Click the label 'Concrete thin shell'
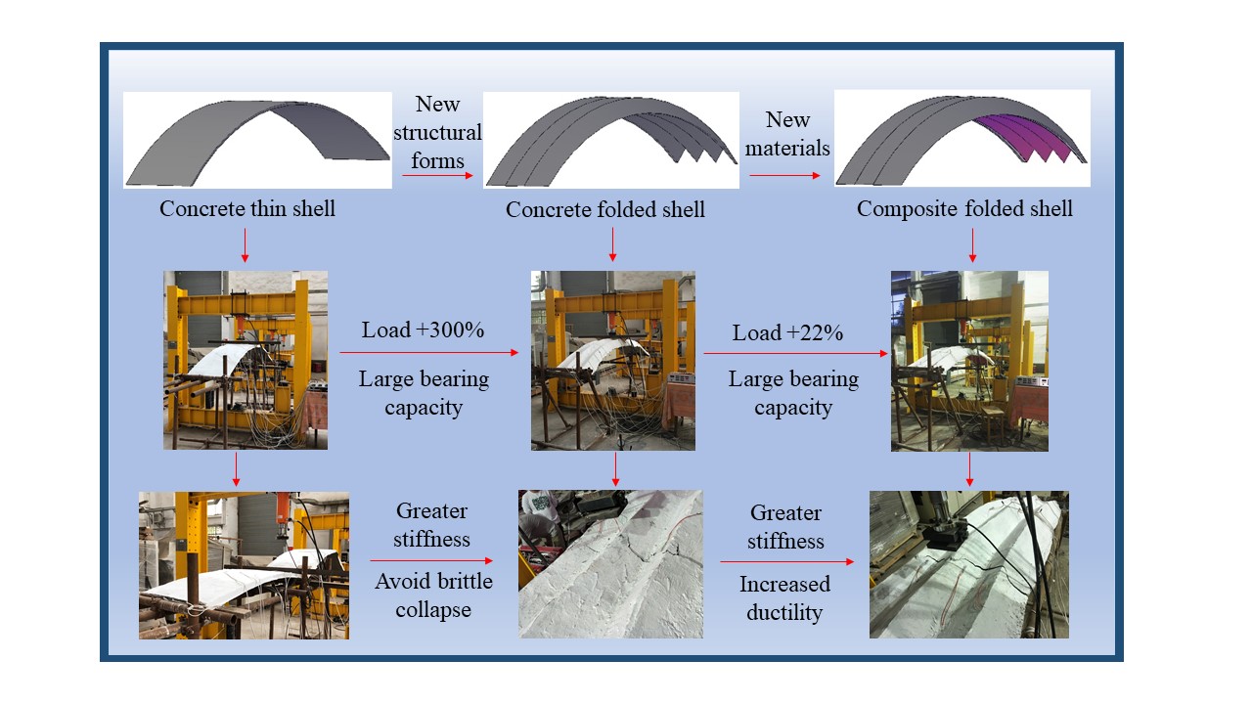tap(246, 208)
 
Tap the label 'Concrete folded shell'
tap(604, 210)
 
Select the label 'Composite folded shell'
tap(964, 209)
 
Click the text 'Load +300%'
tap(423, 330)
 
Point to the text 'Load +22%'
tap(787, 332)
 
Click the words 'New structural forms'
tap(437, 132)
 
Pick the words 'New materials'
tap(787, 134)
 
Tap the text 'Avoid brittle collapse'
tap(433, 595)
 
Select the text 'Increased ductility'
tap(784, 598)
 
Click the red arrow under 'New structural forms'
tap(437, 176)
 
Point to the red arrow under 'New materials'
tap(785, 176)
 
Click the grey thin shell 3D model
tap(258, 140)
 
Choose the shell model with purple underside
tap(961, 139)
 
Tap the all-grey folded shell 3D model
tap(610, 139)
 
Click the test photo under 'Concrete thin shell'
tap(245, 360)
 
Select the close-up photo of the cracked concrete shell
tap(610, 563)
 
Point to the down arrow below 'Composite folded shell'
tap(972, 244)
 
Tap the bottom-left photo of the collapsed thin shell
tap(244, 565)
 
